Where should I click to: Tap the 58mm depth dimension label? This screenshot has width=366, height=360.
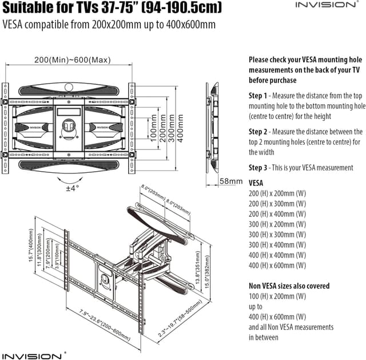pos(232,181)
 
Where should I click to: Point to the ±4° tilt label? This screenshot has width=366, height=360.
pos(71,187)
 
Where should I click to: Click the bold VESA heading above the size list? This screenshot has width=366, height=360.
pos(256,183)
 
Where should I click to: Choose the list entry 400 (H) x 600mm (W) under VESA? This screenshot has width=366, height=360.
pos(277,265)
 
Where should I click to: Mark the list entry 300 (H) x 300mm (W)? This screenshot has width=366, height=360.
pos(277,234)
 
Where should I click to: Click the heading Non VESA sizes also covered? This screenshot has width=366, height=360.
pos(289,286)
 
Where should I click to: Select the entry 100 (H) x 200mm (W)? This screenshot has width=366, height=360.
pos(277,296)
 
